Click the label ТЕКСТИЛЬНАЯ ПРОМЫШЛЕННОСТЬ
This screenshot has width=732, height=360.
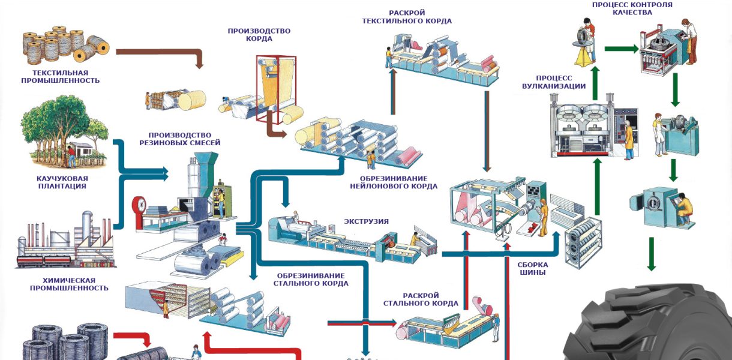tap(60, 76)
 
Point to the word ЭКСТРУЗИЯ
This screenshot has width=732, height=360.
tap(366, 221)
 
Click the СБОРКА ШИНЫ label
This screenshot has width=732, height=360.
tap(532, 268)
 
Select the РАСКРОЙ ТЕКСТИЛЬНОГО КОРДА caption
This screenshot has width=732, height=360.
tap(407, 17)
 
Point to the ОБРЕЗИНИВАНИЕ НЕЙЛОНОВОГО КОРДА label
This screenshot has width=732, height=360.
tap(393, 182)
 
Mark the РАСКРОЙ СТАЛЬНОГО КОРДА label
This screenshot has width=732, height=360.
tap(421, 299)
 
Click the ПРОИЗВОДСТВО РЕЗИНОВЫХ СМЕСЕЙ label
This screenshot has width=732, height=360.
tap(179, 139)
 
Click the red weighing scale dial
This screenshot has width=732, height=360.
tap(140, 205)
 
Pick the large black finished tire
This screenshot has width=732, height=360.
tap(648, 327)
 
